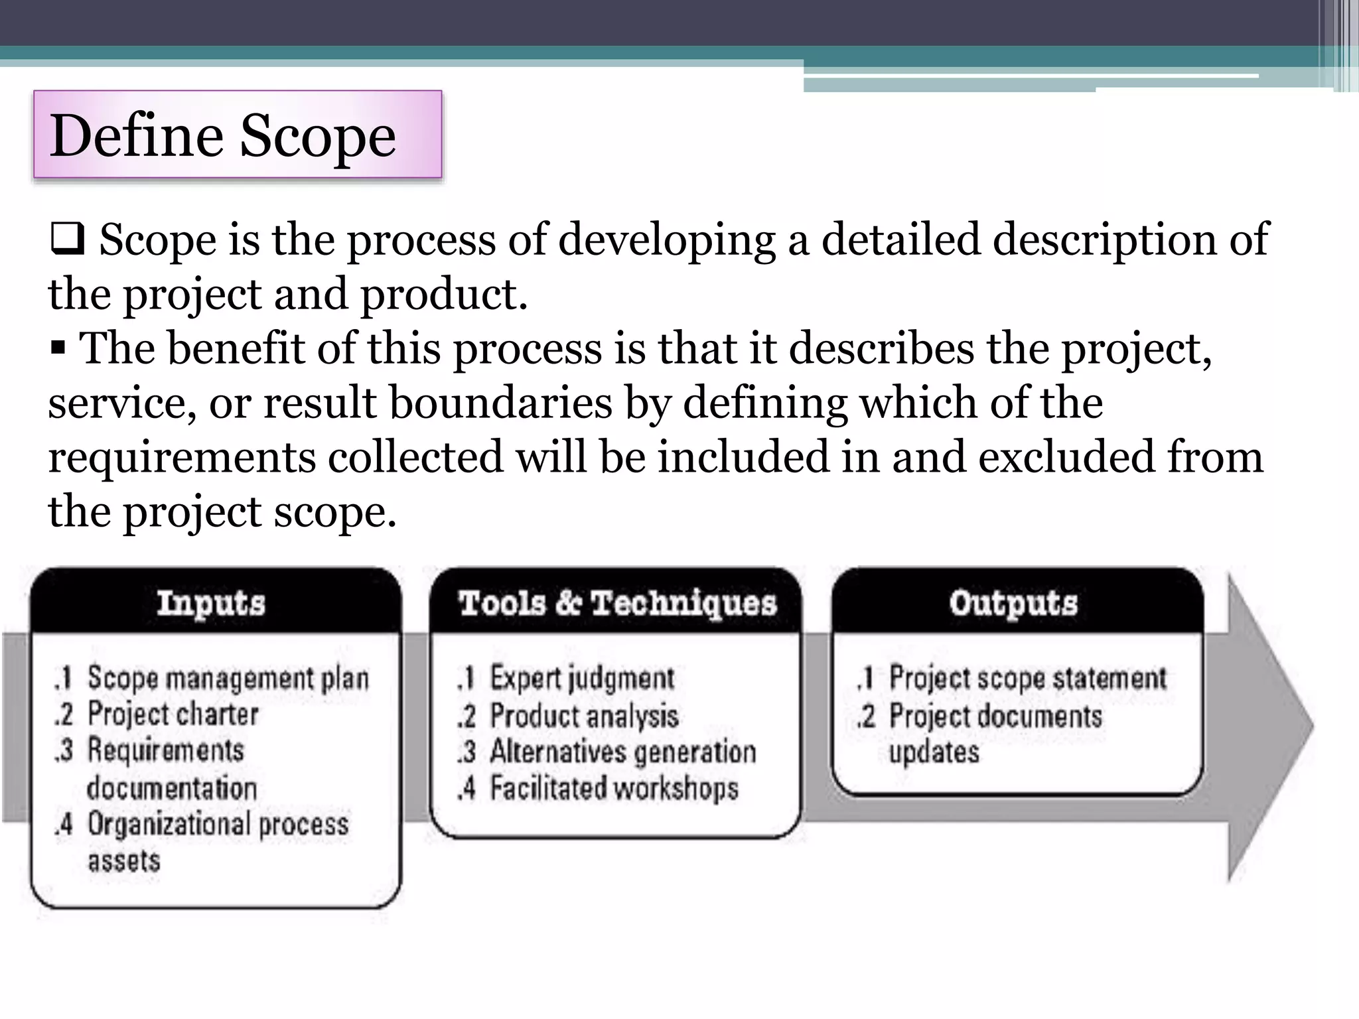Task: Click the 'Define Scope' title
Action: [x=223, y=136]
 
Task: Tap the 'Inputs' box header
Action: [x=211, y=603]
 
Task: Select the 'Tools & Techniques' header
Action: [x=616, y=603]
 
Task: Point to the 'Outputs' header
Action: [x=1013, y=603]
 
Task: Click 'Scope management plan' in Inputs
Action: [x=228, y=678]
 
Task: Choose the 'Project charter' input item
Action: [x=173, y=714]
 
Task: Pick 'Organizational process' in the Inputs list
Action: [x=218, y=825]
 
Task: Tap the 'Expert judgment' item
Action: [x=582, y=678]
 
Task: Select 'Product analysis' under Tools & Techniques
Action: [x=584, y=716]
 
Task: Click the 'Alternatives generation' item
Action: [x=622, y=752]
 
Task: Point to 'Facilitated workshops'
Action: [x=614, y=789]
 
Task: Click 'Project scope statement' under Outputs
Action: [x=1027, y=678]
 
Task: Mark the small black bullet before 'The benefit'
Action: [x=58, y=347]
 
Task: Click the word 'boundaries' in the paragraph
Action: [x=500, y=403]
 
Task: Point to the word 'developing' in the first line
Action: [x=666, y=240]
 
